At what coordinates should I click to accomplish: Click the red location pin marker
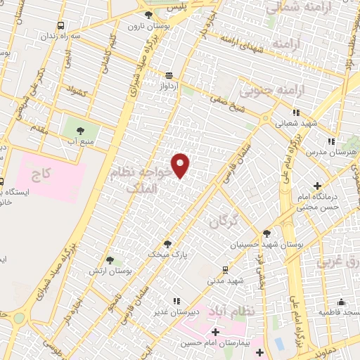pos(181,165)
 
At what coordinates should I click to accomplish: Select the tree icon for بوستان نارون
pos(148,15)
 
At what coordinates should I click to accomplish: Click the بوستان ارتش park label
pos(112,271)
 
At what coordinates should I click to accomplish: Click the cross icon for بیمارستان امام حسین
pos(215,331)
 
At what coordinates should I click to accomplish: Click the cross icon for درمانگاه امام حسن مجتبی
pos(318,186)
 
